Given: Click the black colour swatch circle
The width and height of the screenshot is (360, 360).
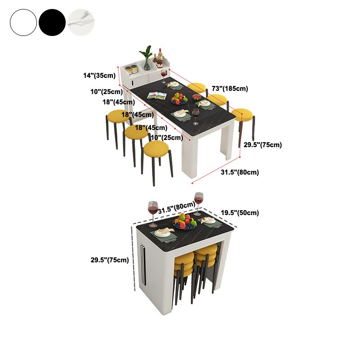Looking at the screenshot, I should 52,22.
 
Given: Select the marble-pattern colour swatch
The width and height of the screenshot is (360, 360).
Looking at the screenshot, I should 81,22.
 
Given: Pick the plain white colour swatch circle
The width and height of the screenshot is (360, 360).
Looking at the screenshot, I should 23,22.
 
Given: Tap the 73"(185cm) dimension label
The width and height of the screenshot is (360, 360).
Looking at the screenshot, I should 230,89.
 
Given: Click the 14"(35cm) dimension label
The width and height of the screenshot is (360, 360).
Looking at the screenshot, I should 99,76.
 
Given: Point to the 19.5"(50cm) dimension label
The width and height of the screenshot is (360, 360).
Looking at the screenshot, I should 240,213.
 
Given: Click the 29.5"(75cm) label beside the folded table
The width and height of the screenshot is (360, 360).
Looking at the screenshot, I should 110,260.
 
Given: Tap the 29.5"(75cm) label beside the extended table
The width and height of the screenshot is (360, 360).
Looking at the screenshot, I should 263,145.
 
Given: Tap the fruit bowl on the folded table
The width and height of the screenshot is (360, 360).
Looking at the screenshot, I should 184,222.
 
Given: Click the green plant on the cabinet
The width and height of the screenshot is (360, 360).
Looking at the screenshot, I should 146,56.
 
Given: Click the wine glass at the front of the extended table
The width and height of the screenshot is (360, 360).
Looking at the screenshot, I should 195,116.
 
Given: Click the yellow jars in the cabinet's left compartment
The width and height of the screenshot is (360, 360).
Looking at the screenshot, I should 131,70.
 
